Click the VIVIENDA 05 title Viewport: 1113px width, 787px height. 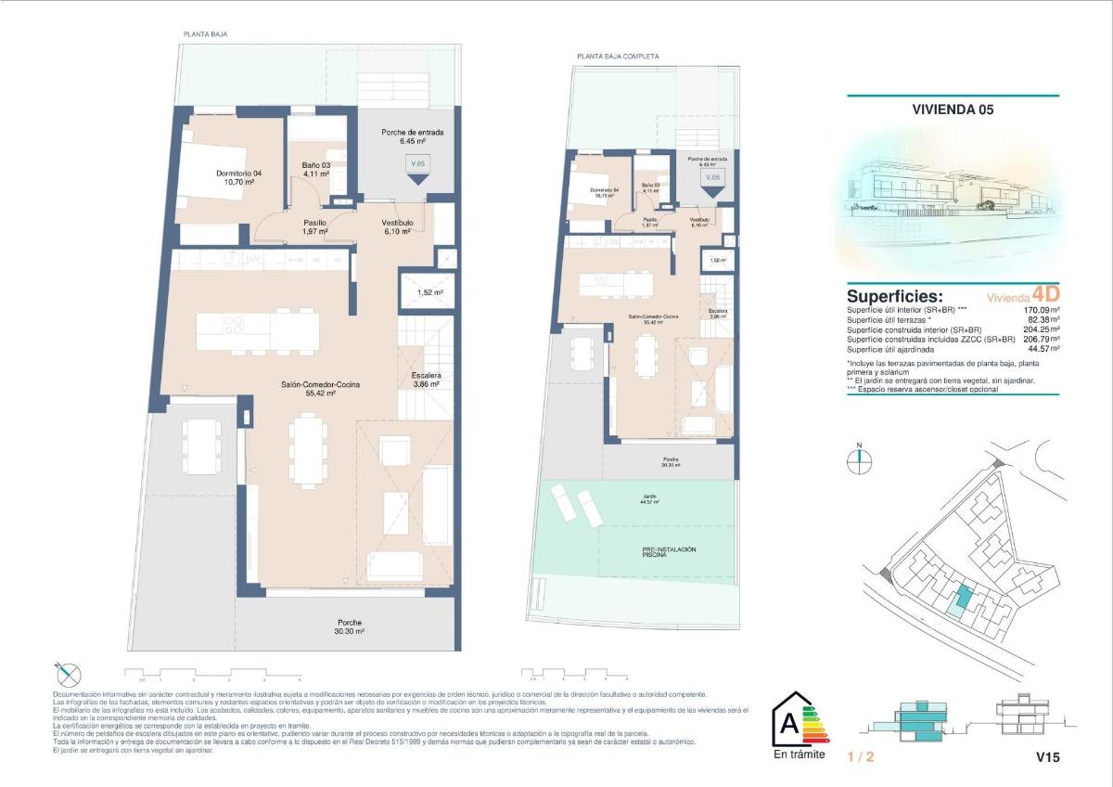click(953, 110)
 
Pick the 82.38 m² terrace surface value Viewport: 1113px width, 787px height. click(1040, 320)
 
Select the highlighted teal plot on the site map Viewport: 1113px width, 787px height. click(965, 599)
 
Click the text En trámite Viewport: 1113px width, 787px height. click(798, 755)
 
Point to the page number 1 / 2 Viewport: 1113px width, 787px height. click(861, 757)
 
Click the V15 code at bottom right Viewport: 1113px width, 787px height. click(1047, 757)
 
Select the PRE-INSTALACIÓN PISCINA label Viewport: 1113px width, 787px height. click(669, 552)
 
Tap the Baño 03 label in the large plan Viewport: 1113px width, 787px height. click(316, 169)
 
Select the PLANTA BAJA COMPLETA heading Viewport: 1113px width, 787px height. click(618, 57)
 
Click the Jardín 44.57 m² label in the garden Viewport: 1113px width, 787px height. click(649, 498)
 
